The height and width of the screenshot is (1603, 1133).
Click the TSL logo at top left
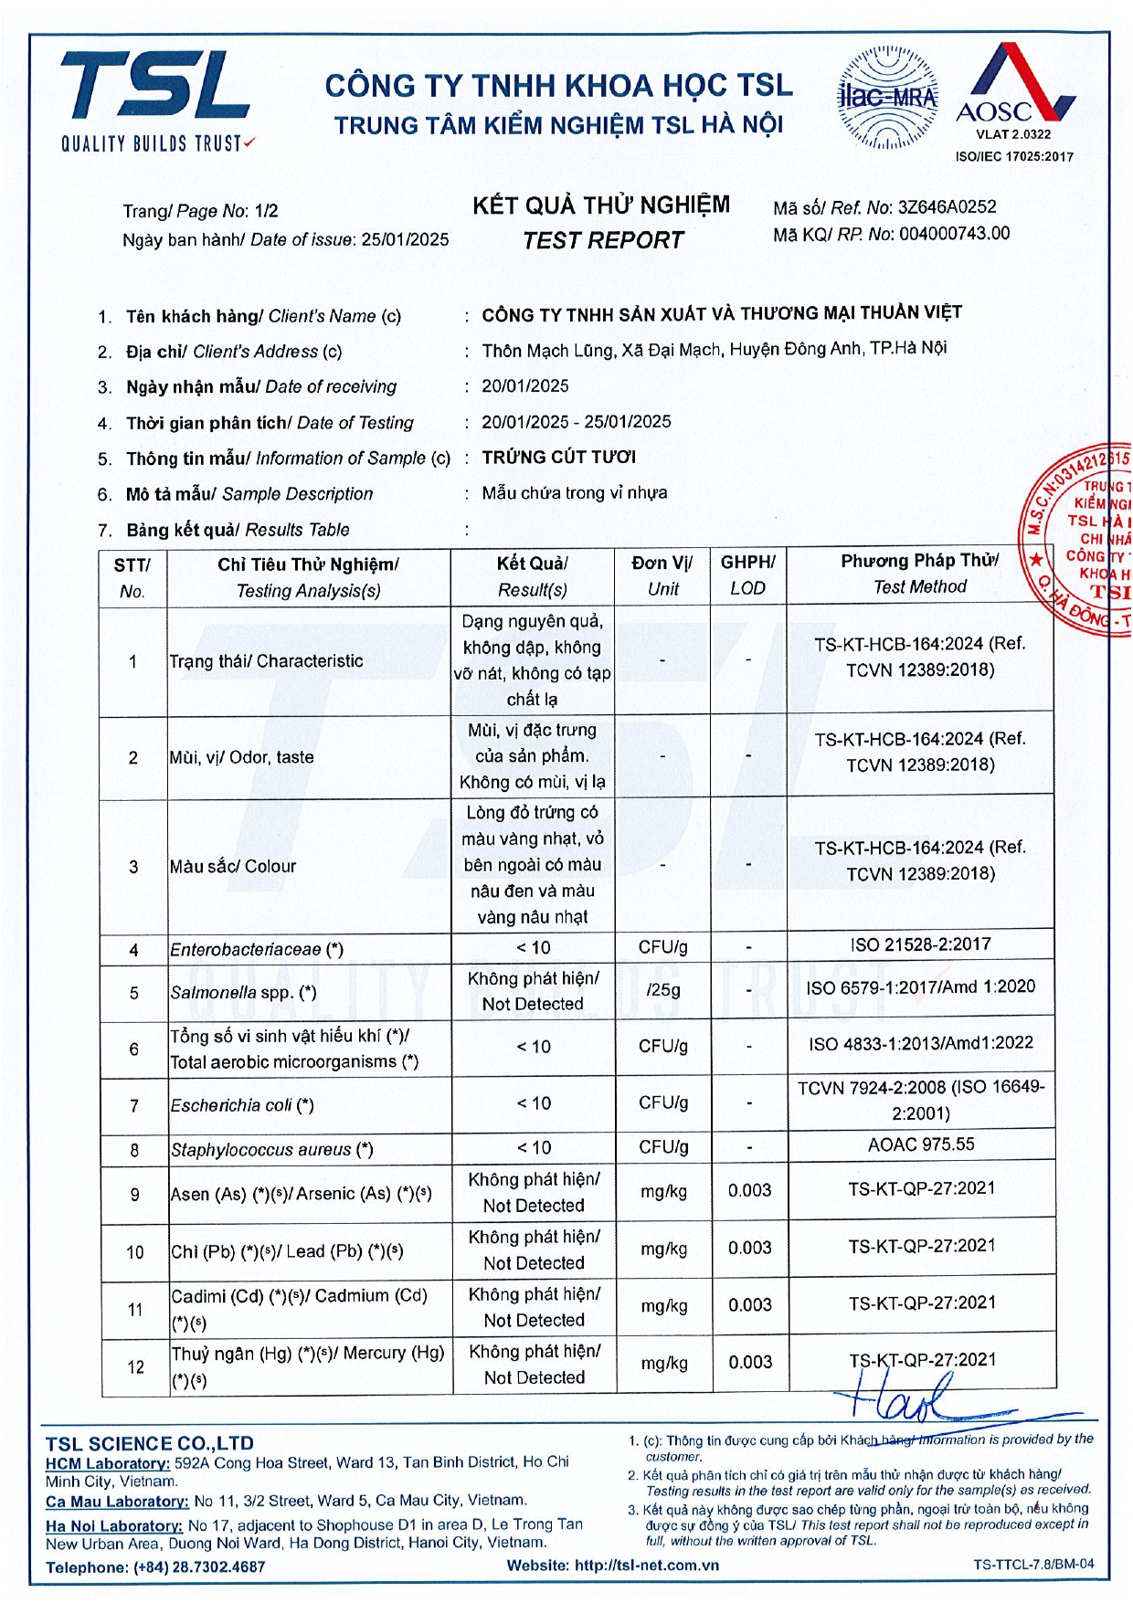click(155, 99)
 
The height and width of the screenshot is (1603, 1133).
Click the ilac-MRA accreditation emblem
click(887, 97)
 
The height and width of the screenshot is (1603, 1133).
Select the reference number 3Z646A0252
click(947, 207)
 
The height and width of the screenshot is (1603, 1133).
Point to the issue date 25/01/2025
click(405, 239)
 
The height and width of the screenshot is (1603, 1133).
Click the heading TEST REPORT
click(602, 240)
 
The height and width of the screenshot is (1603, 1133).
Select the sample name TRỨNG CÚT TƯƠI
click(558, 457)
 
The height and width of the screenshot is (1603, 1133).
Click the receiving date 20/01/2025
click(525, 386)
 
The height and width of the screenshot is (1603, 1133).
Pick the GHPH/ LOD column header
click(747, 575)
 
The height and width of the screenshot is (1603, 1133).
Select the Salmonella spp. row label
click(243, 992)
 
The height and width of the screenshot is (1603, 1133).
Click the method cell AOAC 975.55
click(920, 1144)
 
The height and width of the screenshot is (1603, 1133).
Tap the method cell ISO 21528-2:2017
click(920, 944)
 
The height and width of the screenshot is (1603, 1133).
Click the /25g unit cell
click(662, 990)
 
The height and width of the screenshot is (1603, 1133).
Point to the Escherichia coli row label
click(242, 1105)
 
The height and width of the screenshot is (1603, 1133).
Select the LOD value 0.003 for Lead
click(749, 1248)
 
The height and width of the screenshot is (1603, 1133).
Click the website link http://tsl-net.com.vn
click(646, 1565)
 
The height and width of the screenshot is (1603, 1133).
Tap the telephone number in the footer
click(199, 1566)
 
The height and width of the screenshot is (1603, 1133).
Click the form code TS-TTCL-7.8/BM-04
click(1032, 1564)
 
